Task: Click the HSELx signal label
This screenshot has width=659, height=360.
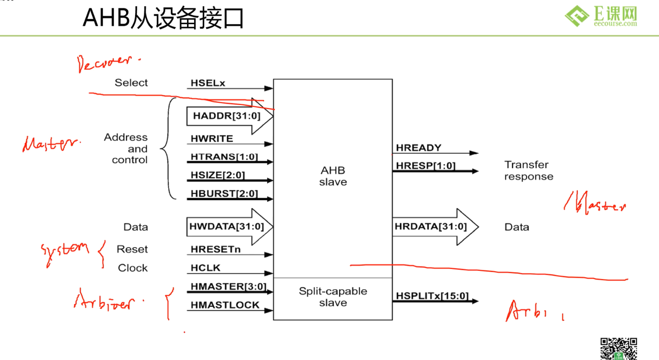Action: tap(208, 83)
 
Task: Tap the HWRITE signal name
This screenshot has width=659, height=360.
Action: tap(212, 138)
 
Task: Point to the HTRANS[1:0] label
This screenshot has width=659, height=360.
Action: tap(224, 156)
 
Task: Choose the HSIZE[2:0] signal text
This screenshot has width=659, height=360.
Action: tap(218, 175)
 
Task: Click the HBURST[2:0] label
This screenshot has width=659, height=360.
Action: tap(224, 194)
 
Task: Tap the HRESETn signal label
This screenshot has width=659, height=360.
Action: tap(215, 249)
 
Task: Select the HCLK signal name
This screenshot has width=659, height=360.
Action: tap(205, 268)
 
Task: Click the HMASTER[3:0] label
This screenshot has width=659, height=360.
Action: tap(228, 287)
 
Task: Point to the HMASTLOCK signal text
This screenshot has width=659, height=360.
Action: tap(225, 305)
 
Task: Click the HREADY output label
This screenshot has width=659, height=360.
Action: tap(418, 148)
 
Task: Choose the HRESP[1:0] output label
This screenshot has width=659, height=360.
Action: tap(425, 166)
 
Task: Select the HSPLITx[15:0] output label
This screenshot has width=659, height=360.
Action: tap(432, 296)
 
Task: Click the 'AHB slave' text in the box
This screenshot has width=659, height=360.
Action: tap(333, 176)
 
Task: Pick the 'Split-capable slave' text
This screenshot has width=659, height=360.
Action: tap(333, 297)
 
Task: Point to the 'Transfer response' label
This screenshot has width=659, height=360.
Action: tap(528, 170)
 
